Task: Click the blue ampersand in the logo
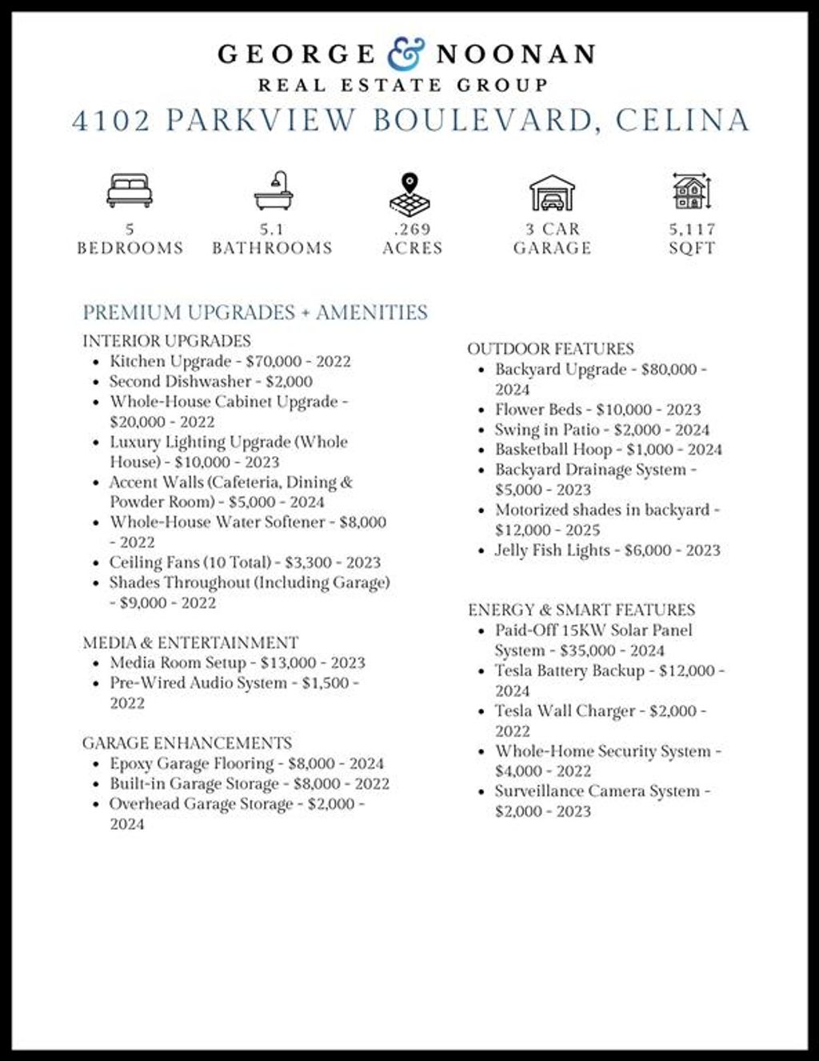point(406,54)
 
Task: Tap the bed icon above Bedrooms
point(130,190)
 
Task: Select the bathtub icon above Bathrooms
point(274,191)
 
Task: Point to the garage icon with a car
point(552,192)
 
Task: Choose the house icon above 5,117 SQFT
point(691,191)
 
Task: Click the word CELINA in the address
point(682,120)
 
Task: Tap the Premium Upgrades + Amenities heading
point(255,312)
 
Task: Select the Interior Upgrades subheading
point(166,341)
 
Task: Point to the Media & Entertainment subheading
point(190,643)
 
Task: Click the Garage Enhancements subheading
point(187,743)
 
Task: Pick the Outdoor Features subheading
point(550,349)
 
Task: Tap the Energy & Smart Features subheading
point(581,610)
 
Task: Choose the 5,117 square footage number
point(693,229)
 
